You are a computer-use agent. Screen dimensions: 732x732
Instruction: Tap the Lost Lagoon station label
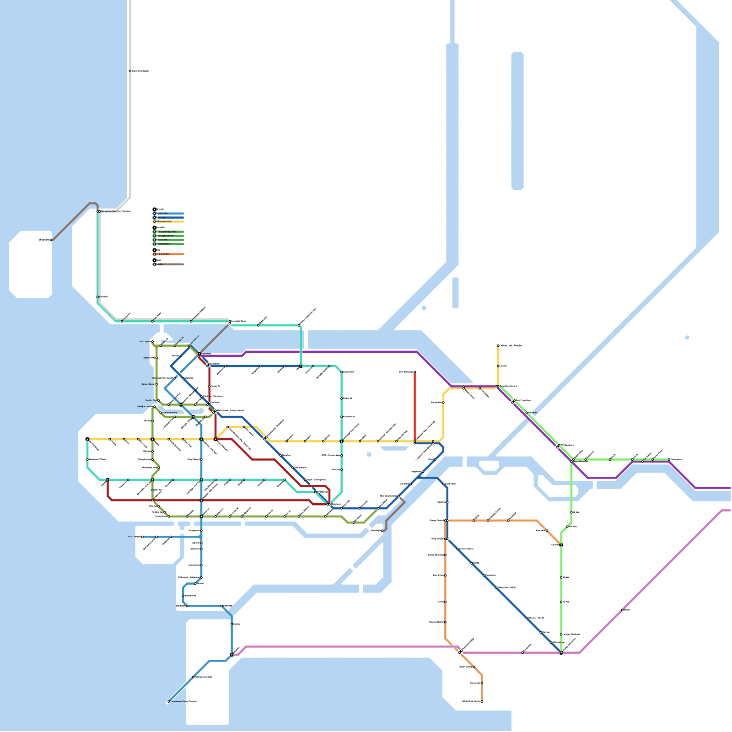[144, 342]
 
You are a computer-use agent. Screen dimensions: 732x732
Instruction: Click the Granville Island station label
[170, 413]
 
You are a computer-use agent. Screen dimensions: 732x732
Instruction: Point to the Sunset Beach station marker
[156, 384]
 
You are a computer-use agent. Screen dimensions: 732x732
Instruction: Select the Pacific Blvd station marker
[158, 401]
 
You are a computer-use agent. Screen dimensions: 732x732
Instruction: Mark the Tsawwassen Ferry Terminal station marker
[168, 701]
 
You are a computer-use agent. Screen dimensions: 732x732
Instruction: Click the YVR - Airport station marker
[142, 537]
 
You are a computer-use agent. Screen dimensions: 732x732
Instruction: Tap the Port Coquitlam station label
[523, 401]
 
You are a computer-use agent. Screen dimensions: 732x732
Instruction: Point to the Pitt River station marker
[527, 413]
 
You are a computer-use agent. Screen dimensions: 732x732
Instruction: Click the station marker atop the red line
[415, 372]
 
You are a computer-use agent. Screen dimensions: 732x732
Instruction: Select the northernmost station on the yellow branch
[498, 345]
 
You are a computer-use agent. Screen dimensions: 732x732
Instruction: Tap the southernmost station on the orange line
[482, 701]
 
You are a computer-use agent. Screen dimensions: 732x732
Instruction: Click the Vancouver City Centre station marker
[175, 378]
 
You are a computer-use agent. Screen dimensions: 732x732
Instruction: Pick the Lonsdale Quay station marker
[230, 322]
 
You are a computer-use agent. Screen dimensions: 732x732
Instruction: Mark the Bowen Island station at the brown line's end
[51, 240]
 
